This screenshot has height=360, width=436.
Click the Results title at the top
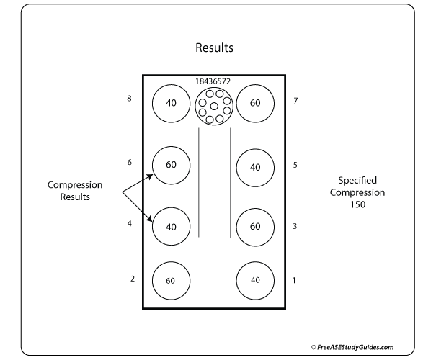coord(215,49)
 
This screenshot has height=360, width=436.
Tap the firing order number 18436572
coord(213,82)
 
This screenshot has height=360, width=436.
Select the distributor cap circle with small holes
coord(213,107)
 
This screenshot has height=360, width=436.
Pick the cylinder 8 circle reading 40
coord(171,103)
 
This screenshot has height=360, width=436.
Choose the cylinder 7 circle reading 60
coord(255,103)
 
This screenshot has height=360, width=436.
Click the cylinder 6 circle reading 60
coord(171,165)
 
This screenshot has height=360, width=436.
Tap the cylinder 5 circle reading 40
coord(255,167)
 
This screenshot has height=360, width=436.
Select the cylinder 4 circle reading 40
coord(171,226)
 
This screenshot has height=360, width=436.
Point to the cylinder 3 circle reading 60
coord(255,226)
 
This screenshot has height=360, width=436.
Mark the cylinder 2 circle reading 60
coord(171,280)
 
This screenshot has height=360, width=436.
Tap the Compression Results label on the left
coord(74,191)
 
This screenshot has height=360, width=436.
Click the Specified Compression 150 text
coord(357,192)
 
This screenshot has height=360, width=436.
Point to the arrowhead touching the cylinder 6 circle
coord(150,175)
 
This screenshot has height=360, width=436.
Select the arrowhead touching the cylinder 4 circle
coord(151,221)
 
